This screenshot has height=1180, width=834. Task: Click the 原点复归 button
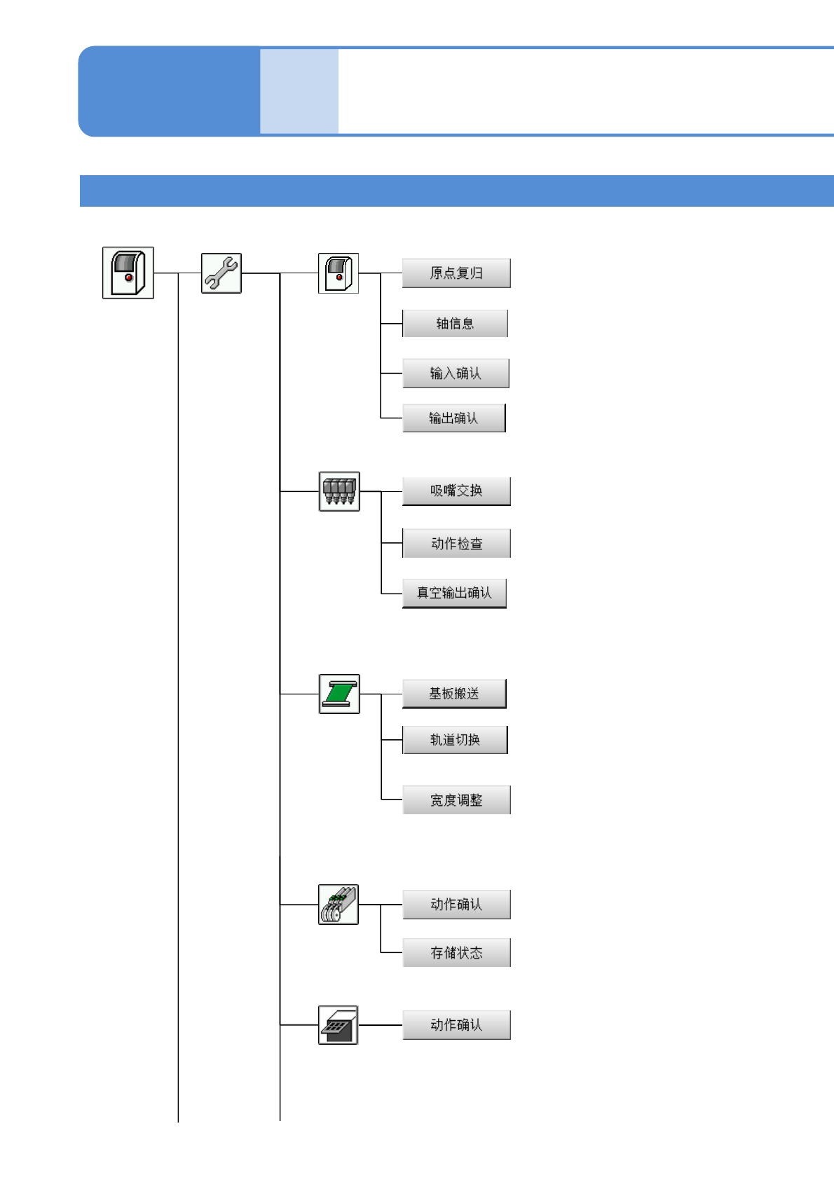456,273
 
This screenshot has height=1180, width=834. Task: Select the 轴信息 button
456,324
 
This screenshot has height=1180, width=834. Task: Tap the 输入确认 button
456,373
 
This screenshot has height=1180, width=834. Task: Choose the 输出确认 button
454,418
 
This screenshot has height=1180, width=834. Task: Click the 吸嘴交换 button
456,491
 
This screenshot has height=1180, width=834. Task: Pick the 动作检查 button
456,544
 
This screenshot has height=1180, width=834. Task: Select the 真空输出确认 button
454,594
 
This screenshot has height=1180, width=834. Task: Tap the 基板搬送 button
454,694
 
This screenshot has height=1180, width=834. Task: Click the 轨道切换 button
455,740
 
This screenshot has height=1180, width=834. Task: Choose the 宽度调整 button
456,800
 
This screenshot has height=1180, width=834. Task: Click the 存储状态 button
456,953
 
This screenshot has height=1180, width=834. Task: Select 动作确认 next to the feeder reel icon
456,905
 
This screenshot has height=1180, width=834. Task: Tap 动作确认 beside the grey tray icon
456,1025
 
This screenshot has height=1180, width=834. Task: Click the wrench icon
221,273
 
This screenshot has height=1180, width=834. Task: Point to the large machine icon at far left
128,273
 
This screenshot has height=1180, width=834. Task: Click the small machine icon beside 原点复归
339,273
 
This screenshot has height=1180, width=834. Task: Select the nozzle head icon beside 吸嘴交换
339,491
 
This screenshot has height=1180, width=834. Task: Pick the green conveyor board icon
339,694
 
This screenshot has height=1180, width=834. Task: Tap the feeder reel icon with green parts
339,905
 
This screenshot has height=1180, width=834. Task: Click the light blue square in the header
299,91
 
